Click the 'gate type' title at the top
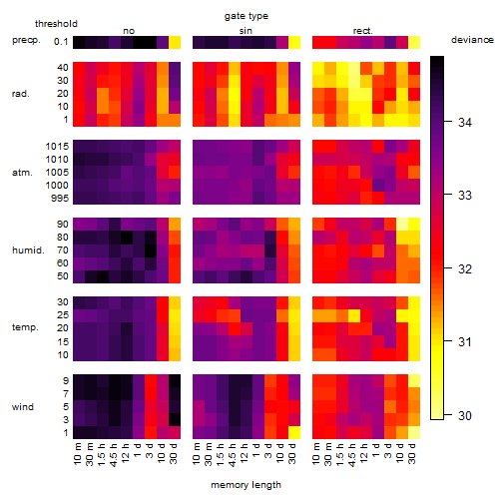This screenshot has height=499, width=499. (247, 16)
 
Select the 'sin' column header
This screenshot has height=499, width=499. (246, 31)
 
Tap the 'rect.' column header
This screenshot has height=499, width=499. (363, 31)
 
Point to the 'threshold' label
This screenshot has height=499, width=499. (56, 24)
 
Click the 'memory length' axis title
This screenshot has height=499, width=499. (247, 485)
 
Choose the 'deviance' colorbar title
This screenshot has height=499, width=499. (472, 40)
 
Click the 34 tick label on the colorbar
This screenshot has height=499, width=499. (465, 123)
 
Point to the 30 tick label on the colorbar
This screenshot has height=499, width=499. (465, 415)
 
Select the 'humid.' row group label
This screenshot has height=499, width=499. (28, 250)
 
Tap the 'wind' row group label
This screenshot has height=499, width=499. (23, 407)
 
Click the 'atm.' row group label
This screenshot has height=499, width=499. (22, 173)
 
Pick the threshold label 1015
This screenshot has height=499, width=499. (57, 147)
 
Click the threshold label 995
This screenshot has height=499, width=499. (60, 199)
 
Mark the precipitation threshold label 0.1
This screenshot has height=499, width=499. (61, 42)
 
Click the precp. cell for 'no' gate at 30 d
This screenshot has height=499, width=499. (175, 43)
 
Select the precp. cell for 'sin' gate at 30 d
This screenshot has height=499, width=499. (294, 43)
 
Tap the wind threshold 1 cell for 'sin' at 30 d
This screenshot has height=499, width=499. (294, 432)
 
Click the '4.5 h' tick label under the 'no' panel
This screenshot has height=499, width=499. (113, 455)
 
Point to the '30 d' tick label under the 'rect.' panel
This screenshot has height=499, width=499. (412, 454)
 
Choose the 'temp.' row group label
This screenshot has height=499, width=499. (25, 327)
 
